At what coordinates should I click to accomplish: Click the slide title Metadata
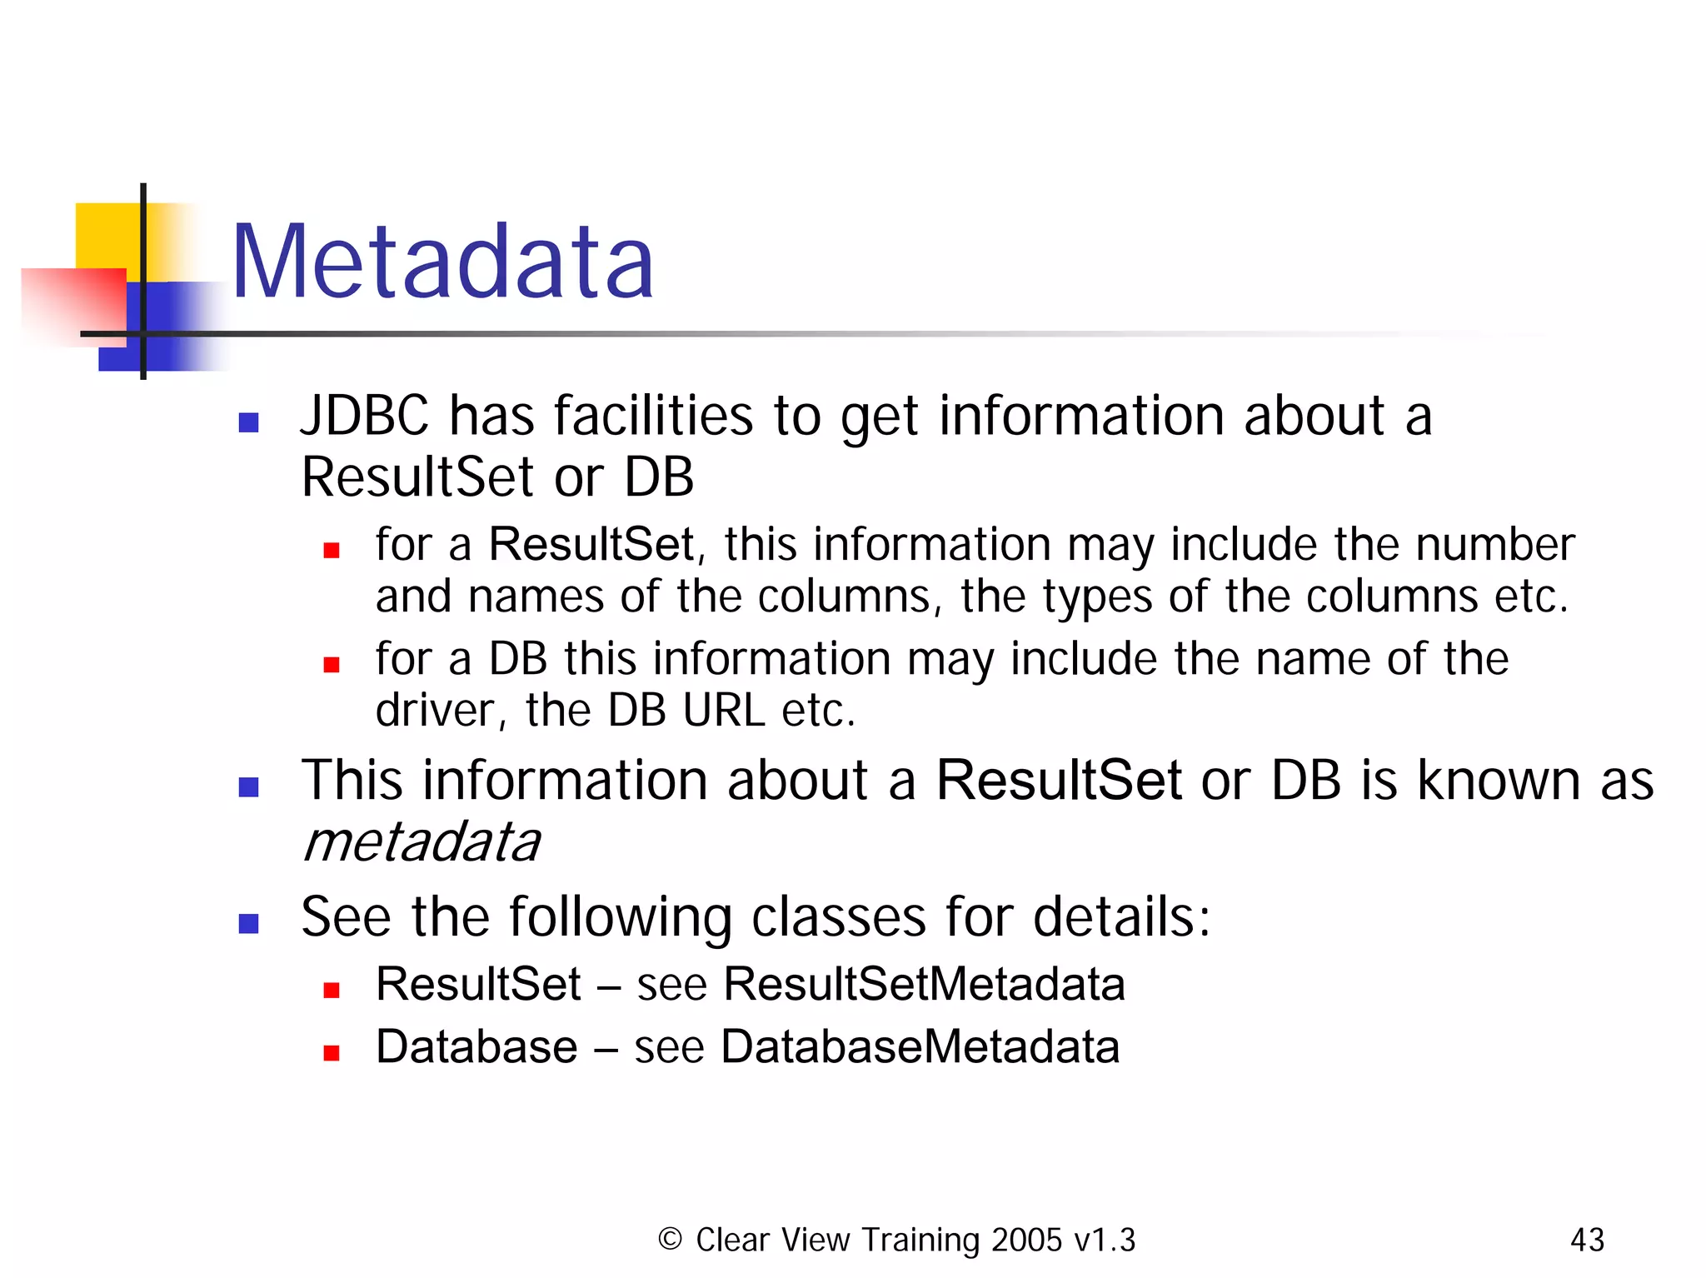point(442,262)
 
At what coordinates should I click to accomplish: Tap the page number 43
point(1586,1240)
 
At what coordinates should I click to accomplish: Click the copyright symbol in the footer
point(670,1239)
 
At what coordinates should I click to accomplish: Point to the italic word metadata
point(422,842)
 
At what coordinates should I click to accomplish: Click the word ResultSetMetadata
point(924,984)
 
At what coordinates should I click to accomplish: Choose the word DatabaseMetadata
point(920,1046)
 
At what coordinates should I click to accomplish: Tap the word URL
point(723,711)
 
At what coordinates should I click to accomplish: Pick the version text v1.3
point(1105,1240)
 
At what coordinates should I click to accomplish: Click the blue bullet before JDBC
point(248,422)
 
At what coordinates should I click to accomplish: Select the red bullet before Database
point(332,1053)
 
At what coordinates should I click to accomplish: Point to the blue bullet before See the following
point(248,923)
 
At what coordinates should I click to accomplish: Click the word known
point(1498,781)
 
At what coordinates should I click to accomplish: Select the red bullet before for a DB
point(332,664)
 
